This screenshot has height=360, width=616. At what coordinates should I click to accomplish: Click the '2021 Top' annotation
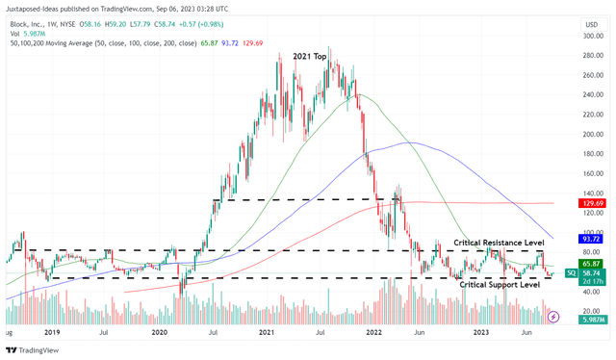coord(316,58)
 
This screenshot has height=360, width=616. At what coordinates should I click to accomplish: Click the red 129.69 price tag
coord(593,204)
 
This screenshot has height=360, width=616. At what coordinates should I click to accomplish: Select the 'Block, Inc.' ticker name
coord(28,23)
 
